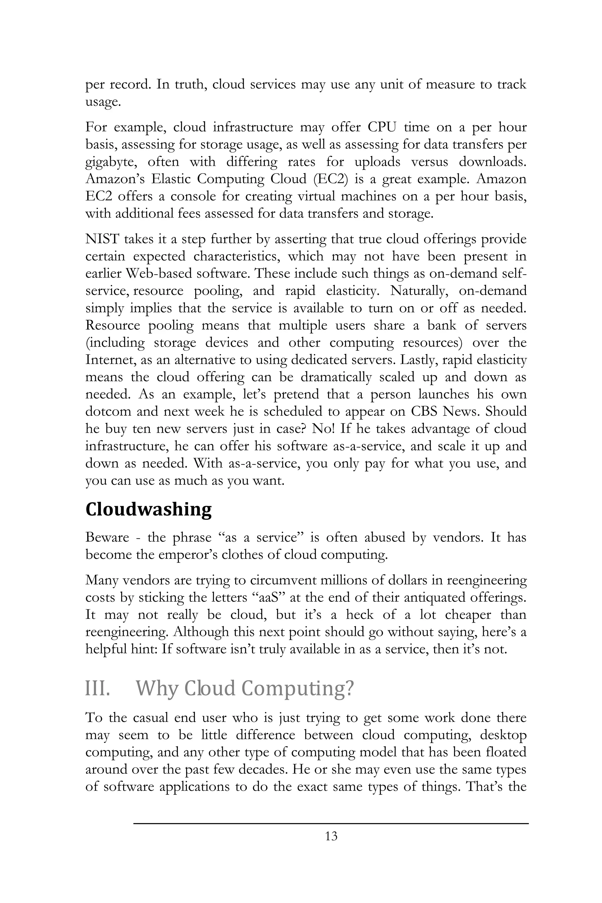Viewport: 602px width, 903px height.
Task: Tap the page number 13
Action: click(x=331, y=846)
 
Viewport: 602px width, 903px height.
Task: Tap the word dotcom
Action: click(x=108, y=412)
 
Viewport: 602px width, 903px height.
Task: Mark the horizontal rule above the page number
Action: click(x=331, y=824)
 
